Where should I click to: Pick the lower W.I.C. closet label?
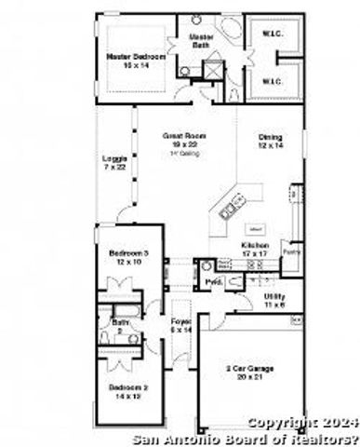click(271, 81)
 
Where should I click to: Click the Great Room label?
click(183, 136)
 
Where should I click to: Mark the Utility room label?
click(274, 295)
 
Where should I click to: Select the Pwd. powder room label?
click(212, 279)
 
